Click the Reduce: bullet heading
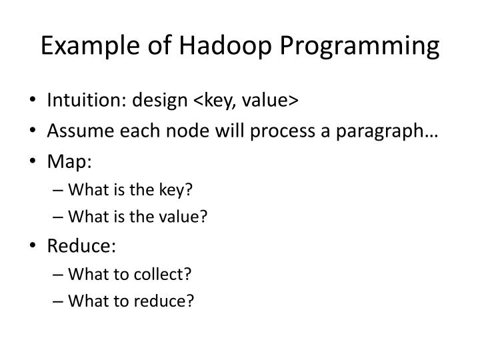81,246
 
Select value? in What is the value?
188,216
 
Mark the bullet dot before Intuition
33,101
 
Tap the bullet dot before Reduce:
33,247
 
